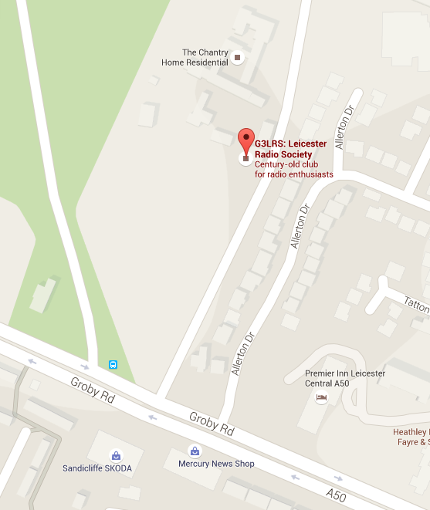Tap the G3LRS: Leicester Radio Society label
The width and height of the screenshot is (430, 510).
[290, 149]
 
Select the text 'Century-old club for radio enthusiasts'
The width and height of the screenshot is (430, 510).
[294, 170]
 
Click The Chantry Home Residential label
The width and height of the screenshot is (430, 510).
[195, 57]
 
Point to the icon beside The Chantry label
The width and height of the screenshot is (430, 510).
[237, 56]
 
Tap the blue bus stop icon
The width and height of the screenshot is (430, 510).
[113, 364]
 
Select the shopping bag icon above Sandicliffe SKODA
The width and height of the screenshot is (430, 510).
[116, 455]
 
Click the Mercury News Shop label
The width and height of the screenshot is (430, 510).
[216, 464]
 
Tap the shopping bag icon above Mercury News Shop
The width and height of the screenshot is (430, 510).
[195, 451]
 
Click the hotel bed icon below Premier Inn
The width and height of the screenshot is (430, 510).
[322, 397]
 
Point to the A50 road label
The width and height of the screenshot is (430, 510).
[336, 494]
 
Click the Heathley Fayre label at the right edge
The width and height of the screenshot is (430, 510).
[411, 437]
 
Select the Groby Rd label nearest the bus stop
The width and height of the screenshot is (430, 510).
[93, 392]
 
